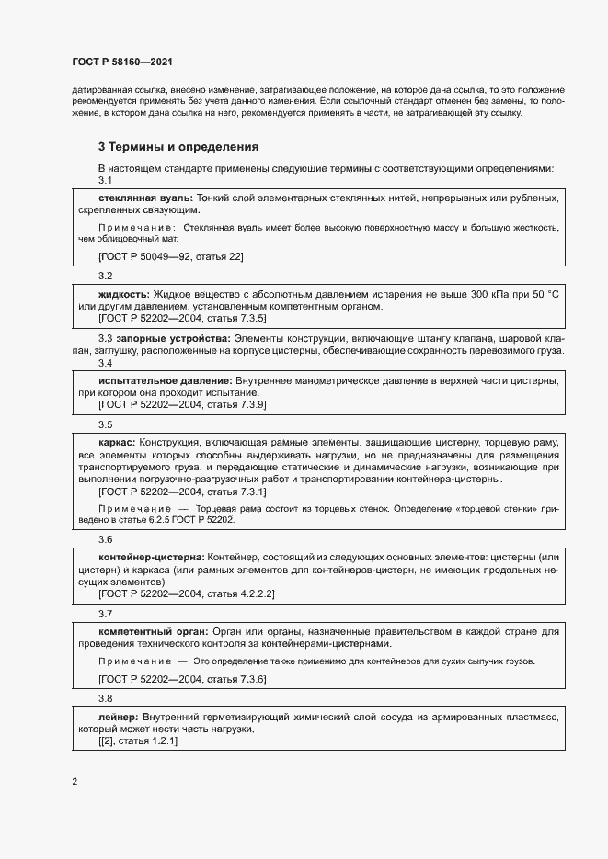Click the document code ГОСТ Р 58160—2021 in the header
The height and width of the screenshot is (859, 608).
(x=120, y=62)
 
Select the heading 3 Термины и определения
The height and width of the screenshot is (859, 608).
(x=178, y=146)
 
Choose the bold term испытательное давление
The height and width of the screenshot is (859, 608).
(x=165, y=380)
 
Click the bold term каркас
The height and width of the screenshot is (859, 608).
(x=117, y=443)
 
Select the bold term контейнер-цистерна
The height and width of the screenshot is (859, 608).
(x=152, y=558)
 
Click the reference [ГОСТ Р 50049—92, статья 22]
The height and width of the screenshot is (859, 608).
(x=170, y=256)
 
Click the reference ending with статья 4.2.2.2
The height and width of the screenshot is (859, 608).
(x=186, y=594)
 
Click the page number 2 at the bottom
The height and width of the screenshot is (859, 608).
(x=75, y=782)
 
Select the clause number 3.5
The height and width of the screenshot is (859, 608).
(x=105, y=424)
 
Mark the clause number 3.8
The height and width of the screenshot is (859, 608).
(x=105, y=698)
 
